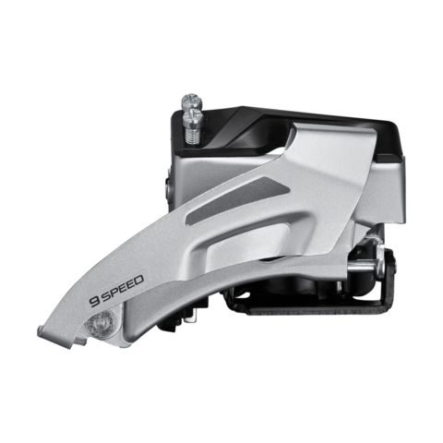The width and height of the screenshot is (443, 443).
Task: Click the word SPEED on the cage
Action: tap(122, 286)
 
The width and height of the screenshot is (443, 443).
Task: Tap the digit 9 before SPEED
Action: tap(93, 301)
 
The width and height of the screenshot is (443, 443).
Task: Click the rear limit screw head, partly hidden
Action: tap(192, 101)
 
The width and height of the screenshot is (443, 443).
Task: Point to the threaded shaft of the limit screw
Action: tap(193, 136)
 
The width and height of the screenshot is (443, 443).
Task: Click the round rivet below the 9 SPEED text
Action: tap(102, 324)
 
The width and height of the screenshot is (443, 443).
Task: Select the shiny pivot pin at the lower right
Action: tap(363, 269)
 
